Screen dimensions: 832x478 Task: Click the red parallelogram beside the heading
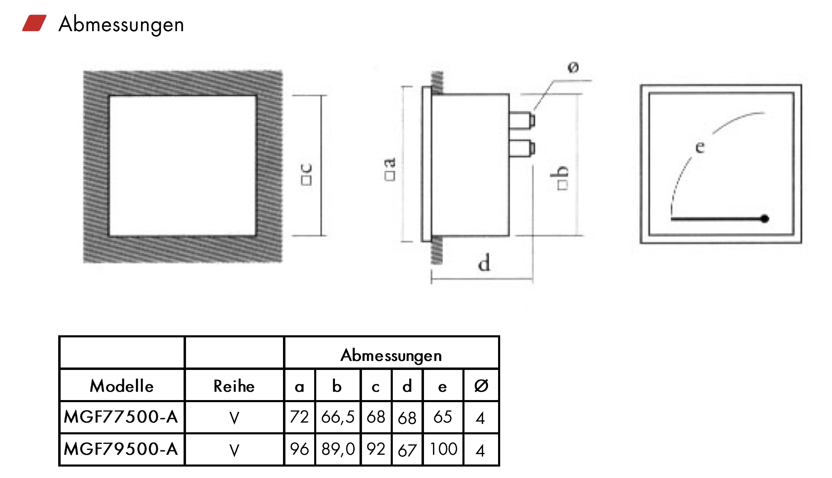pyautogui.click(x=34, y=23)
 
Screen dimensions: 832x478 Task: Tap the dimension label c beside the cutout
pyautogui.click(x=307, y=174)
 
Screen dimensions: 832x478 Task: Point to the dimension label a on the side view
pyautogui.click(x=390, y=169)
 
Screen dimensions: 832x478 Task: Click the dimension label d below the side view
pyautogui.click(x=484, y=263)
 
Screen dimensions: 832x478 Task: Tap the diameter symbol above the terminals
pyautogui.click(x=573, y=67)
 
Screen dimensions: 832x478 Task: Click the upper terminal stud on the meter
pyautogui.click(x=522, y=120)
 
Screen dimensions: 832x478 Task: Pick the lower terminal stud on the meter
pyautogui.click(x=522, y=148)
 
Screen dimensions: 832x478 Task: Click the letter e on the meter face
pyautogui.click(x=700, y=147)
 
